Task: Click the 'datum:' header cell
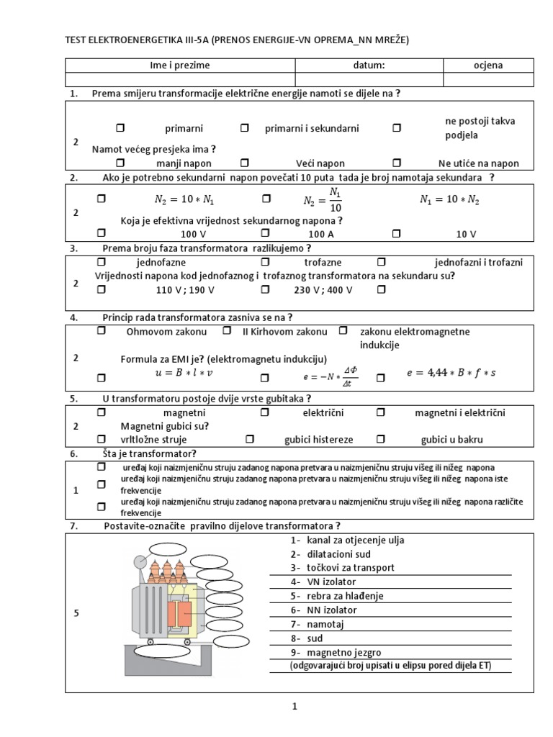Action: click(369, 65)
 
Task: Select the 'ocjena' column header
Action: click(488, 65)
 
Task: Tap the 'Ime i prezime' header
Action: click(180, 65)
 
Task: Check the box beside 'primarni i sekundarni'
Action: click(245, 127)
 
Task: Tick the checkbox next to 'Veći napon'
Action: click(245, 163)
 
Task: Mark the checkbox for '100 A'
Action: click(265, 233)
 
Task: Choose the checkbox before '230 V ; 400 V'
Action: click(265, 289)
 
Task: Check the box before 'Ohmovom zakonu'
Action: click(101, 331)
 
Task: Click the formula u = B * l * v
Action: click(185, 374)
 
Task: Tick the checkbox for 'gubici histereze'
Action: click(250, 438)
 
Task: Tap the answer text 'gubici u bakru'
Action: click(452, 439)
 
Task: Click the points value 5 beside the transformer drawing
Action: click(76, 612)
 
